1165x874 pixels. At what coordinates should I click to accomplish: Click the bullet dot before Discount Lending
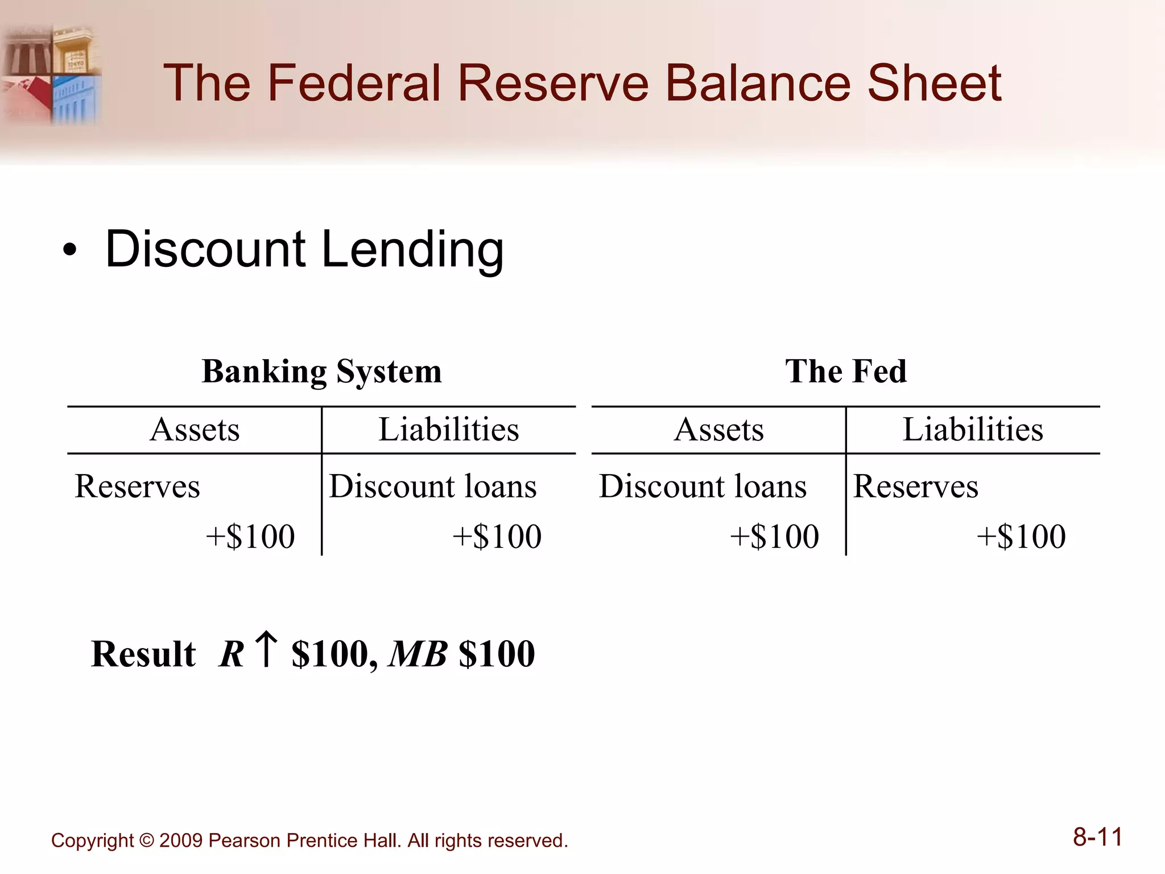coord(69,250)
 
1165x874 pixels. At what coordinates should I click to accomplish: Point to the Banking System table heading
coord(321,372)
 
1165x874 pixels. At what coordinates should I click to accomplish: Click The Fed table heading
coord(845,372)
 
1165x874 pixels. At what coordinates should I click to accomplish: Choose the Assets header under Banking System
coord(195,430)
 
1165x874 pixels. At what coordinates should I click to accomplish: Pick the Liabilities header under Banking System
coord(449,430)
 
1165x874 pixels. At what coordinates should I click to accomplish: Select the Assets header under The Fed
coord(718,430)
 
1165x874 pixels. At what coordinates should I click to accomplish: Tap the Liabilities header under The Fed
coord(973,430)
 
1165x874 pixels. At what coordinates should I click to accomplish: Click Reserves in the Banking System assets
coord(137,487)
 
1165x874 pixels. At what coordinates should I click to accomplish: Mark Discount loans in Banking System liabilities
coord(432,487)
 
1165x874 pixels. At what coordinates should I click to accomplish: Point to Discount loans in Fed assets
coord(703,487)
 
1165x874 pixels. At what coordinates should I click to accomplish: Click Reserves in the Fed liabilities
coord(915,487)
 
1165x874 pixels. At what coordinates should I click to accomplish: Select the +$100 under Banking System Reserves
coord(250,537)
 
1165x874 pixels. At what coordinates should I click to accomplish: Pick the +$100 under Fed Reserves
coord(1021,537)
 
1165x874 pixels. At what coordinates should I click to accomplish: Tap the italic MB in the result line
coord(418,654)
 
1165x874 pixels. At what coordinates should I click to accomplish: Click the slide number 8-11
coord(1097,838)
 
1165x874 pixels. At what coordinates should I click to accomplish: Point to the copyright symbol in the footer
coord(146,841)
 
